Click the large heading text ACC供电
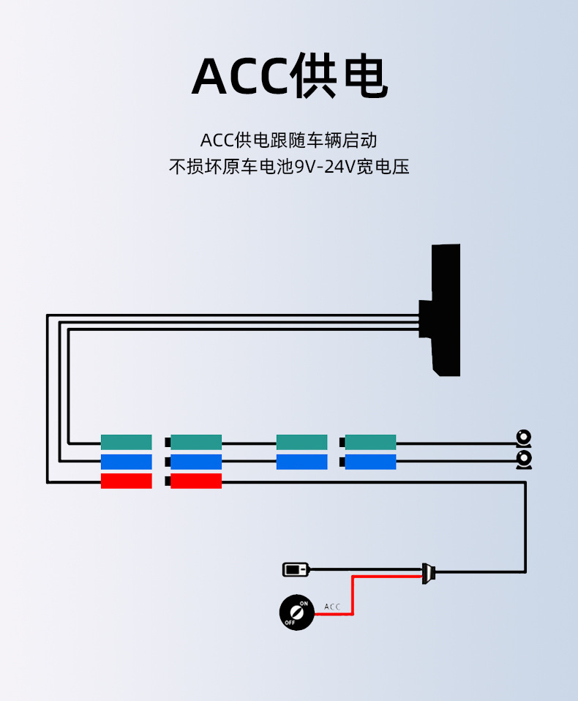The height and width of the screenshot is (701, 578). [289, 75]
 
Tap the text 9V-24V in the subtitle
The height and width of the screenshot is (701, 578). [325, 167]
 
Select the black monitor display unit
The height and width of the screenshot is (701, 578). [443, 310]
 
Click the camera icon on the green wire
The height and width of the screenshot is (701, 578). [524, 438]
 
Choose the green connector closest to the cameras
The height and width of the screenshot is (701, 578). [370, 442]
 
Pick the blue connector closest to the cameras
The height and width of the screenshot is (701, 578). [370, 462]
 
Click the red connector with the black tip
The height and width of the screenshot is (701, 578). [195, 481]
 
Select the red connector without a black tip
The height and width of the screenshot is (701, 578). [126, 481]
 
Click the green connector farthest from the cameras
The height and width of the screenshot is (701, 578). [126, 442]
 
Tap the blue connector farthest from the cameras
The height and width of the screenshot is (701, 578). [126, 462]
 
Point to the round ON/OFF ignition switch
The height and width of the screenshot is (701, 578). [296, 612]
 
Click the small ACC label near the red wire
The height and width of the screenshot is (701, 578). [332, 607]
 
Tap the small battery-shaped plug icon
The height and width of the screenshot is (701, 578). [296, 569]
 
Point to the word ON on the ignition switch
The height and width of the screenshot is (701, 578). [304, 604]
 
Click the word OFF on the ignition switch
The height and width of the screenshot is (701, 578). [289, 622]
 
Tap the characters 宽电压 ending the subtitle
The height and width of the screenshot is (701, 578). [382, 167]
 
